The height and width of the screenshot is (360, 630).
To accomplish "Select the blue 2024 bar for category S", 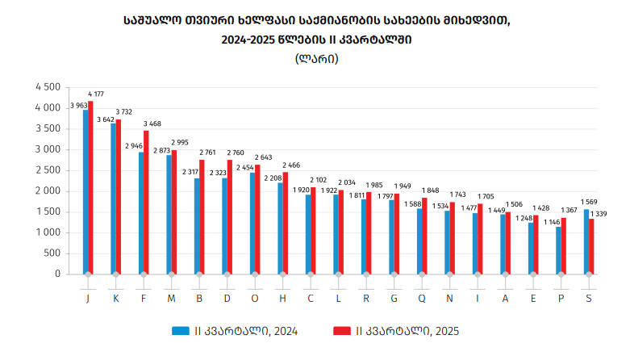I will click(x=586, y=241).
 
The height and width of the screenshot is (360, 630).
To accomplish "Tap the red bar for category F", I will click(x=146, y=202).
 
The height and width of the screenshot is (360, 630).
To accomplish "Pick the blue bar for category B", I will click(x=196, y=226).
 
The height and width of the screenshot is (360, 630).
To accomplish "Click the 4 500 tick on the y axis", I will click(x=48, y=87).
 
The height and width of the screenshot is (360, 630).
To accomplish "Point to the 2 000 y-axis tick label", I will click(x=48, y=191).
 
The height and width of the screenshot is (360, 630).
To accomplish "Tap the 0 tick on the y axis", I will click(x=57, y=274).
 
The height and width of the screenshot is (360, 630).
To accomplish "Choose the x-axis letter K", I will click(x=115, y=299).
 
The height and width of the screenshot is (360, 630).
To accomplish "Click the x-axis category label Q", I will click(x=422, y=299).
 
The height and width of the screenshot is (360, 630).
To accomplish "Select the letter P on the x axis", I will click(x=561, y=299).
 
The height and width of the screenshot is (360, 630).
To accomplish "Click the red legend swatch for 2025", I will click(x=339, y=330).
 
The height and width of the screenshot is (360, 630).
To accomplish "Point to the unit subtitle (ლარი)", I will click(x=316, y=58).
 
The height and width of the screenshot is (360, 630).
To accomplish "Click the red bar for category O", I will click(x=257, y=219).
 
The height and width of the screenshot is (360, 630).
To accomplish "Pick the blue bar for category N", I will click(x=447, y=242).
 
